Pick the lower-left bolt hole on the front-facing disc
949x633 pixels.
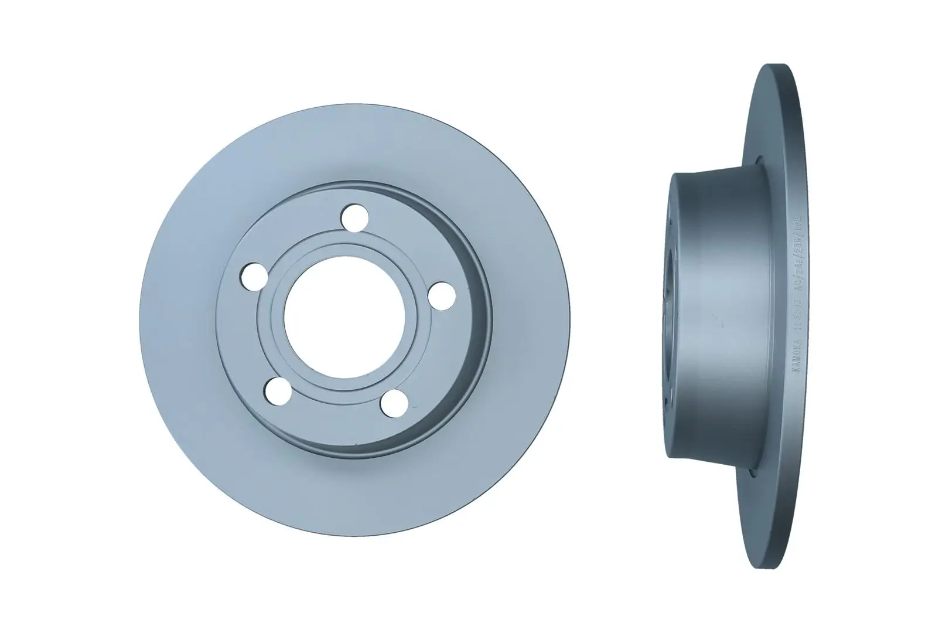[x=278, y=389]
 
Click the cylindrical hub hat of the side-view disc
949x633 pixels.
[x=721, y=316]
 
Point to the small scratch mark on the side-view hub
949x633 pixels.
[x=716, y=320]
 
